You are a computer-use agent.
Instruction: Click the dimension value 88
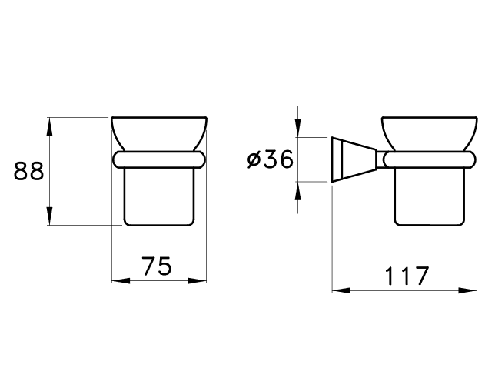coord(28,171)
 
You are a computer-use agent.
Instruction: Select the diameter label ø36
coord(270,159)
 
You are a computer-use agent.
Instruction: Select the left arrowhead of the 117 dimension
coord(341,290)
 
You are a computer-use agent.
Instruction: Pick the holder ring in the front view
coord(159,159)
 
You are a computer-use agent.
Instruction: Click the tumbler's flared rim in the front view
coord(159,132)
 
